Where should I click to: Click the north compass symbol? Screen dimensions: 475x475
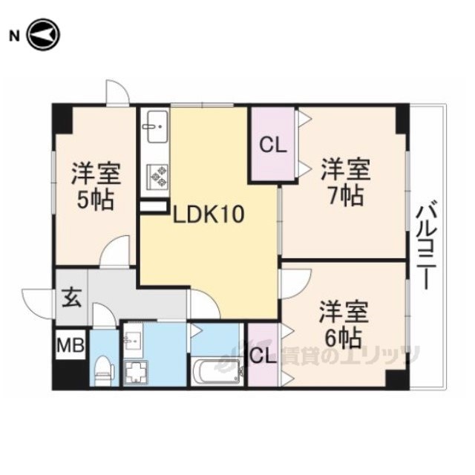[x=44, y=35]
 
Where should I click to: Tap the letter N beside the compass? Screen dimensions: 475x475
[x=15, y=36]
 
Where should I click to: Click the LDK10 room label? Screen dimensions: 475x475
[x=209, y=214]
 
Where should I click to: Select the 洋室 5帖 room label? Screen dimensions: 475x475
[x=96, y=186]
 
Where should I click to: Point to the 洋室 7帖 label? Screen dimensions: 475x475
[x=346, y=182]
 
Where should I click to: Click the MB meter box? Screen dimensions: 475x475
[x=71, y=344]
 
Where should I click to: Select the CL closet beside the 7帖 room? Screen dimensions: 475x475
[x=273, y=145]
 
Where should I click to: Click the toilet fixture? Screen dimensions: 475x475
[x=104, y=370]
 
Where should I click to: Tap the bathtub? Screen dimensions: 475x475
[x=217, y=371]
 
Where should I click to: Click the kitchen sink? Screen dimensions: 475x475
[x=157, y=127]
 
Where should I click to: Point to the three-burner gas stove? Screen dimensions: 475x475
[x=157, y=177]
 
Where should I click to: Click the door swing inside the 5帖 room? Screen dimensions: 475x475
[x=115, y=251]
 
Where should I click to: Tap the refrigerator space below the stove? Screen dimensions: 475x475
[x=154, y=206]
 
